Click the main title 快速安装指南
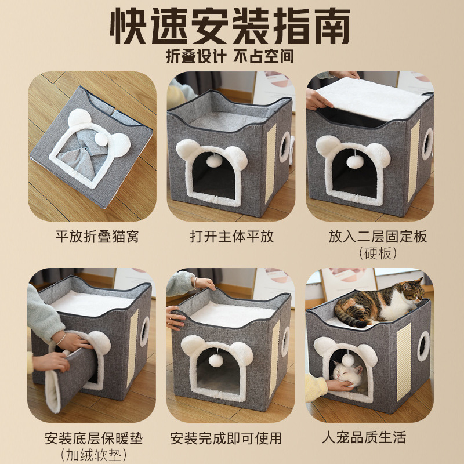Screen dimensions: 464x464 pos(232,26)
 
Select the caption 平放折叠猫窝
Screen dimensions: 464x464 pos(97,237)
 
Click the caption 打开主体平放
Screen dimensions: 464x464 pos(232,237)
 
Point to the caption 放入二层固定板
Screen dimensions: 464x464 pos(369,237)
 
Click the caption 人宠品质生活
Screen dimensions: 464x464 pos(369,437)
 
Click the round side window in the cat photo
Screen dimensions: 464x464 pos(424,346)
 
